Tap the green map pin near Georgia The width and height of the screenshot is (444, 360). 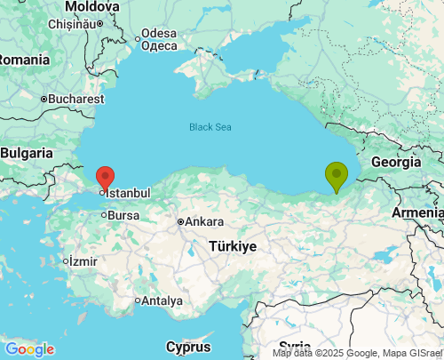click(337, 174)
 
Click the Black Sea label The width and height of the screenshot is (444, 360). click(210, 127)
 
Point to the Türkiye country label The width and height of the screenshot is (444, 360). click(233, 246)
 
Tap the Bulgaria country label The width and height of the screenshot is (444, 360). click(27, 153)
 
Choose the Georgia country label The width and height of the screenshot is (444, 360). click(395, 162)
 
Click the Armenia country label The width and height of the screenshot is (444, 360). click(417, 213)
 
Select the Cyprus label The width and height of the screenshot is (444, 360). click(188, 346)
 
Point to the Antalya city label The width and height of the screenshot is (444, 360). click(162, 300)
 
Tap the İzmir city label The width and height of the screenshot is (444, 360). click(83, 261)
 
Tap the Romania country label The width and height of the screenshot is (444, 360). click(23, 59)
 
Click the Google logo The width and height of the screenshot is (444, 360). click(29, 349)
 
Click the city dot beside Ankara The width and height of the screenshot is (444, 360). click(180, 221)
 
